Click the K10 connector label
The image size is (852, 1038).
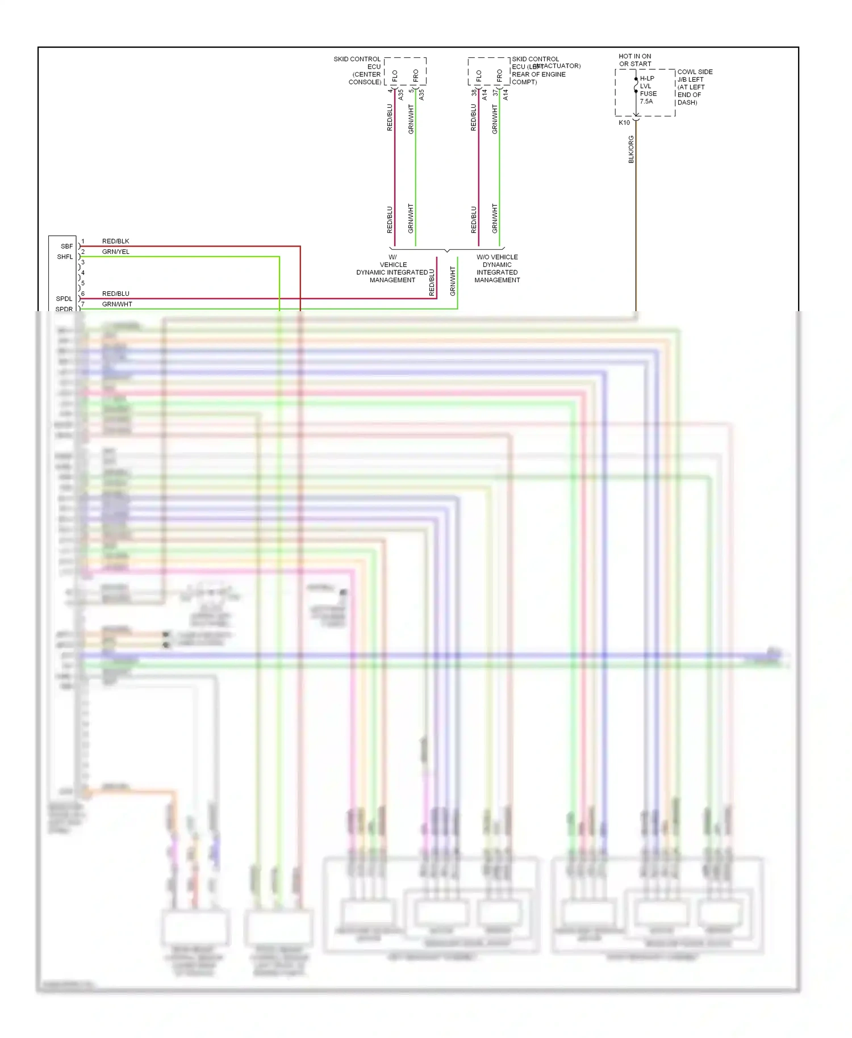(624, 123)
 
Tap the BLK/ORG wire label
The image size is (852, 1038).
(631, 149)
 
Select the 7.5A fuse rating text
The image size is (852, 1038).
(646, 102)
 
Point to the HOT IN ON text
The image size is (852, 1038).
(635, 56)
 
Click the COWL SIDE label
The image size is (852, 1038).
(695, 72)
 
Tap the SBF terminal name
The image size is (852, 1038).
(66, 246)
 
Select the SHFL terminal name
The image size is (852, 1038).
(65, 257)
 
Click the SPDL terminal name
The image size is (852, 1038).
(64, 299)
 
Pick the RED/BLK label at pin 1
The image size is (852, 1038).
(116, 241)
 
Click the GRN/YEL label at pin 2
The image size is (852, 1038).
(116, 252)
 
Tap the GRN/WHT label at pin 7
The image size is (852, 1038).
(117, 304)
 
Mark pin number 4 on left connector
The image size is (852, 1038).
(83, 273)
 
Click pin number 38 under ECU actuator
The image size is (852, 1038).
(474, 92)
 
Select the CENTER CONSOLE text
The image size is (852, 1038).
(366, 78)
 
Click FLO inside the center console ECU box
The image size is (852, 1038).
(395, 75)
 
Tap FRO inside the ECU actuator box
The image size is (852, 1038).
(500, 75)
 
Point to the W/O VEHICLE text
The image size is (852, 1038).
(497, 257)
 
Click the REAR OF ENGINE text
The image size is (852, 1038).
(538, 74)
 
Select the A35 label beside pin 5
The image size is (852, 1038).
(421, 95)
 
